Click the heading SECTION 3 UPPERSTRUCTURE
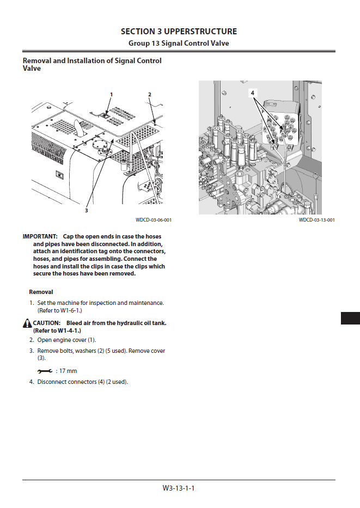(x=179, y=32)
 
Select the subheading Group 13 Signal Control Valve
(x=179, y=44)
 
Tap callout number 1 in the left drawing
(x=112, y=95)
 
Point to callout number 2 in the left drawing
(x=150, y=95)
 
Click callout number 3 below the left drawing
(x=86, y=211)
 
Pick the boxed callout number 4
(x=253, y=93)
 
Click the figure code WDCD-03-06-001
(x=154, y=220)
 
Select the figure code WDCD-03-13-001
(x=316, y=220)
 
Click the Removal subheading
(x=41, y=292)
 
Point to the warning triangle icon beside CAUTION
(x=27, y=323)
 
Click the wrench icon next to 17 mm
(x=45, y=371)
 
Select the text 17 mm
(x=68, y=371)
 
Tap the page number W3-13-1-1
(x=179, y=488)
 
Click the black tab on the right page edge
(x=350, y=318)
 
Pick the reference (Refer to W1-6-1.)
(x=59, y=310)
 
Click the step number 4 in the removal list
(x=32, y=382)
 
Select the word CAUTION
(x=47, y=323)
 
